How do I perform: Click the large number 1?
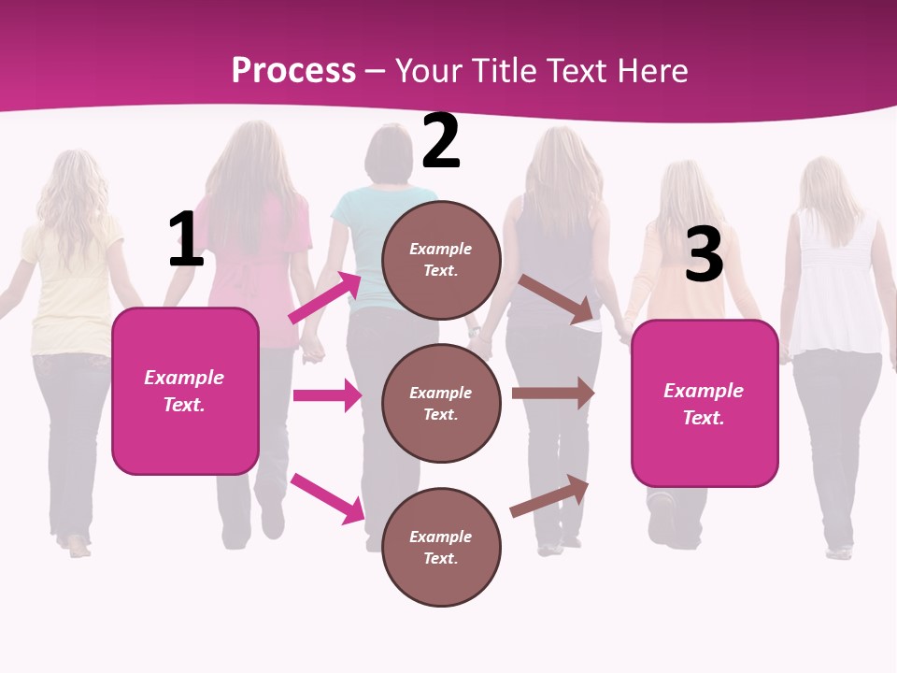tap(186, 240)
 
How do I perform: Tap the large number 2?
tap(441, 141)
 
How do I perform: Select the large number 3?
tap(704, 255)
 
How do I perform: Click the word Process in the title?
tap(293, 70)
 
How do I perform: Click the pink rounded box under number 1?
tap(185, 391)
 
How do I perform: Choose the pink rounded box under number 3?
tap(705, 403)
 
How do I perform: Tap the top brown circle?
tap(441, 260)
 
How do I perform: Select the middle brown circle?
tap(441, 403)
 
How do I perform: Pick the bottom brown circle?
tap(441, 547)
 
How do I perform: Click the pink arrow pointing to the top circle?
tap(324, 298)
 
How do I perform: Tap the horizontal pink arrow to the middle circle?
tap(326, 395)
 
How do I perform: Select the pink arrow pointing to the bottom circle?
tap(327, 498)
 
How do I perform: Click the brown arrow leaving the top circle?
tap(557, 299)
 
